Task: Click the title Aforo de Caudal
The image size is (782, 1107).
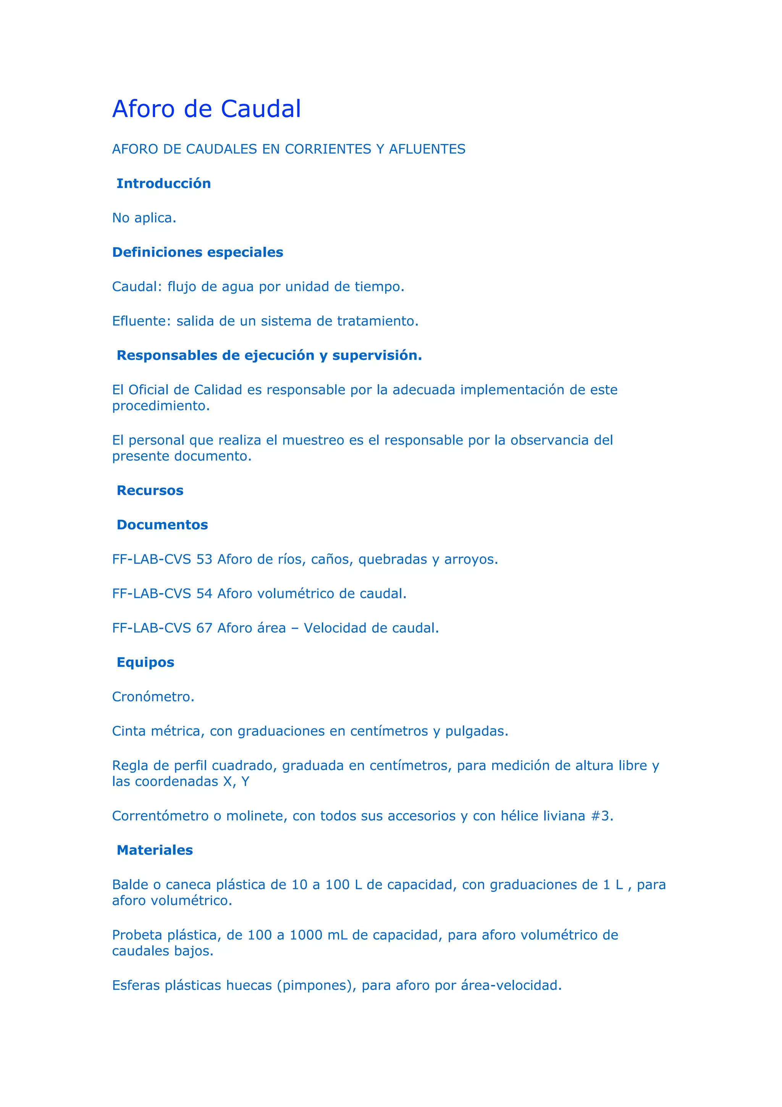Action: [206, 109]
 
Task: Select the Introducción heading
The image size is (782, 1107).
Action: [163, 183]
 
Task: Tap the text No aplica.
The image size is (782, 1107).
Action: [144, 218]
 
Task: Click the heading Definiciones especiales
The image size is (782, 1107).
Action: [197, 252]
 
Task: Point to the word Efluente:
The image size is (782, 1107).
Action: [141, 321]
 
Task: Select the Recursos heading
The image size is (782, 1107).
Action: [150, 490]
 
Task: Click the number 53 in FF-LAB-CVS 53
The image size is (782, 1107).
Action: [204, 559]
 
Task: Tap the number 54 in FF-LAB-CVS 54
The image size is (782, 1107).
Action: [204, 594]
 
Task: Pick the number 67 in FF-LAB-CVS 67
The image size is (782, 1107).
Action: [204, 628]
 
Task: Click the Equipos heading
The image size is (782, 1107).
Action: [145, 662]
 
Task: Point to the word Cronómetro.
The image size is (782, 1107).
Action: [153, 697]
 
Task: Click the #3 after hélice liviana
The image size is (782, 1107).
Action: [601, 816]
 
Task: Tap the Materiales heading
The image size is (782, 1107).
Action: [154, 850]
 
